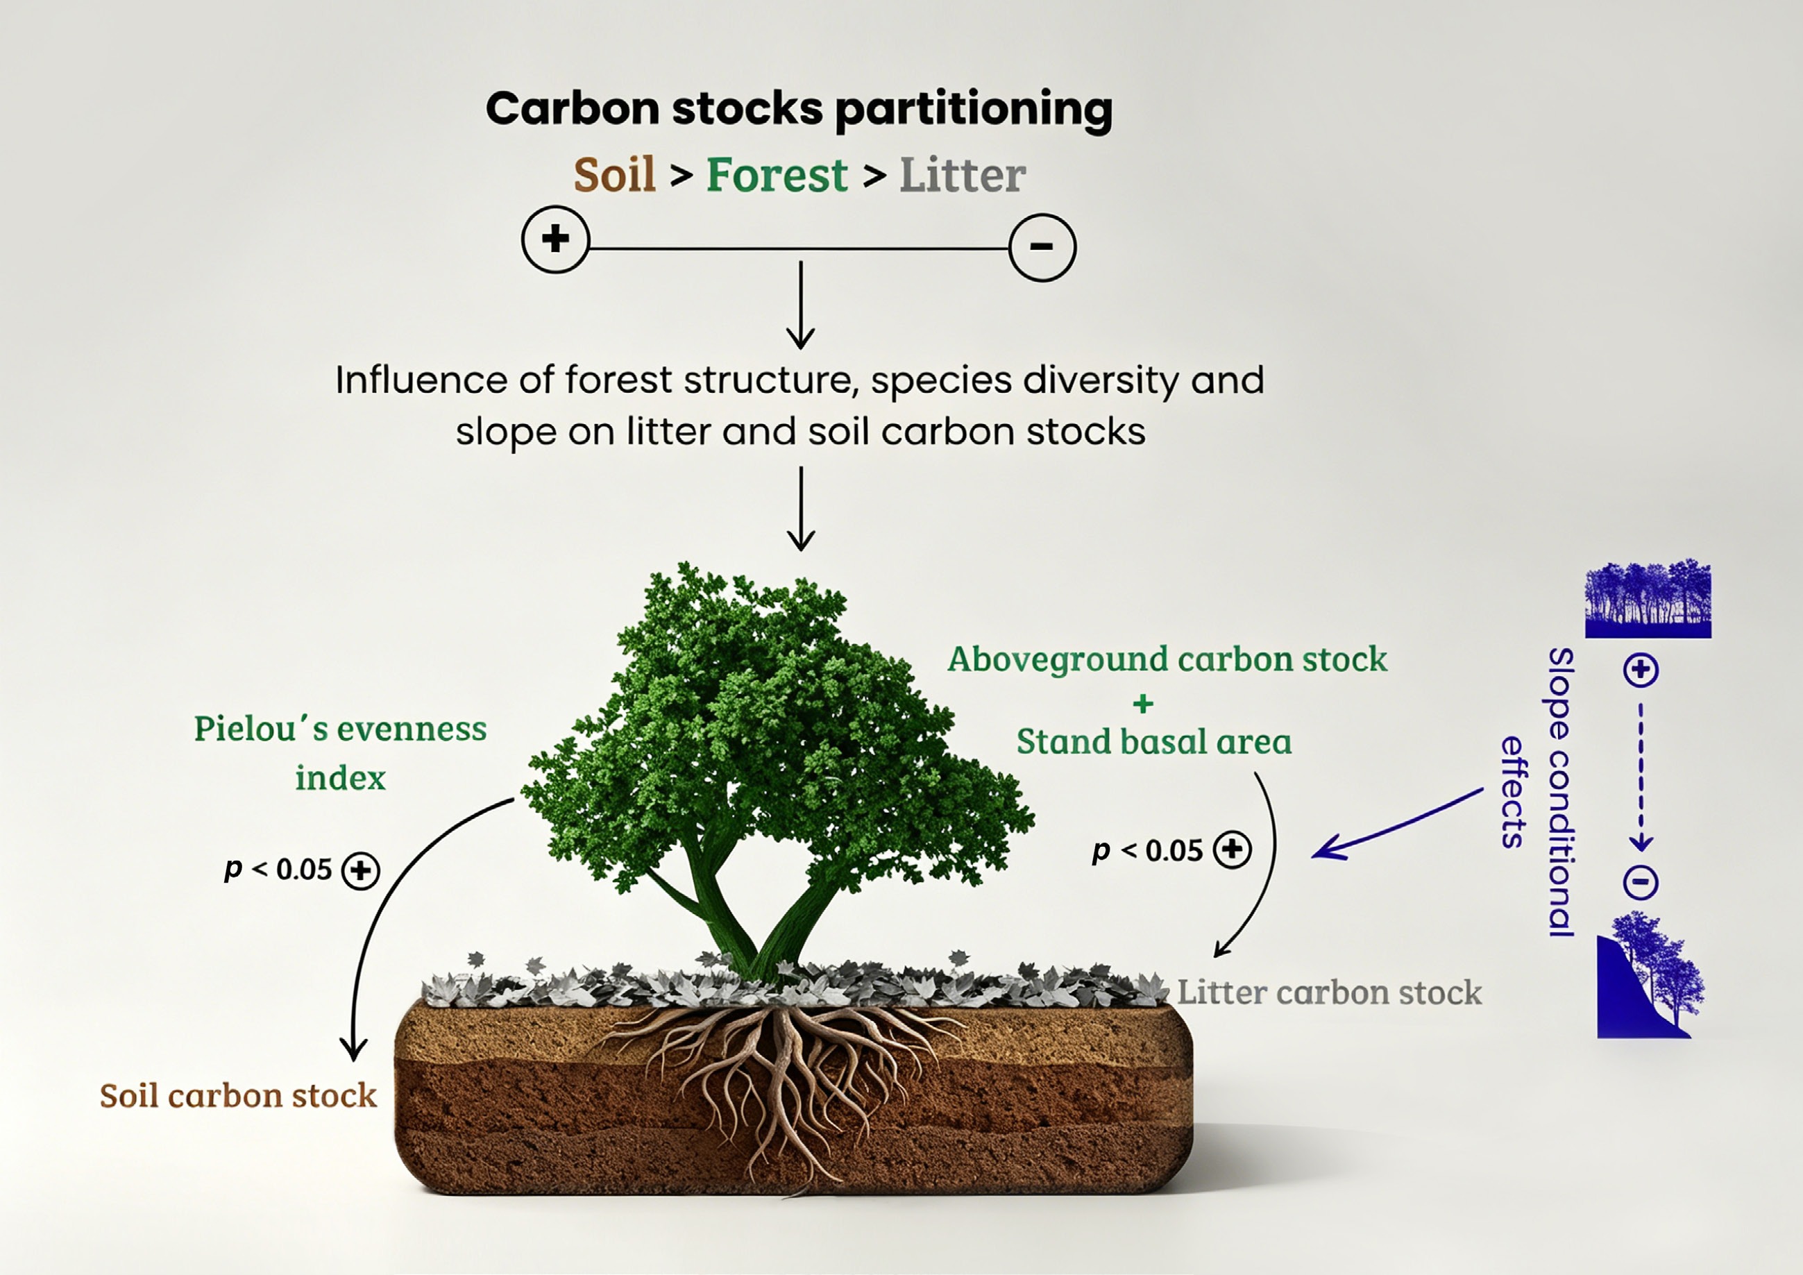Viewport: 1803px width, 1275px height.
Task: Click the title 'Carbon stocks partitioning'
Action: pyautogui.click(x=799, y=109)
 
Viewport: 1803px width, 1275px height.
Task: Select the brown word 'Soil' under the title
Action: pyautogui.click(x=614, y=174)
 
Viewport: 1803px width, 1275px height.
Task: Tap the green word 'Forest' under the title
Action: pyautogui.click(x=777, y=174)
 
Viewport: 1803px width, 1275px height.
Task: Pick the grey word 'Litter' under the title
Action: pyautogui.click(x=962, y=174)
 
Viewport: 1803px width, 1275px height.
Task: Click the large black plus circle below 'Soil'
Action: pyautogui.click(x=555, y=239)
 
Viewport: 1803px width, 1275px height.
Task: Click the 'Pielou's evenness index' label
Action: pyautogui.click(x=340, y=752)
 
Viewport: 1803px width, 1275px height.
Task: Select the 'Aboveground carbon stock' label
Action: pyautogui.click(x=1167, y=660)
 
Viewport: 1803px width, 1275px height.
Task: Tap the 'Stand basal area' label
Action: pyautogui.click(x=1153, y=741)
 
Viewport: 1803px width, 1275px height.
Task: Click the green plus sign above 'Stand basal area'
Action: pyautogui.click(x=1144, y=703)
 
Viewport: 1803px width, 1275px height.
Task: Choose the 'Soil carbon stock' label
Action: pyautogui.click(x=238, y=1095)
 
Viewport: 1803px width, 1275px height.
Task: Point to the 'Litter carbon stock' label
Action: pyautogui.click(x=1329, y=993)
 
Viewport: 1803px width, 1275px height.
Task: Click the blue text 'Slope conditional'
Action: pyautogui.click(x=1560, y=792)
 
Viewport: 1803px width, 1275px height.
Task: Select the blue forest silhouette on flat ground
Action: pyautogui.click(x=1648, y=598)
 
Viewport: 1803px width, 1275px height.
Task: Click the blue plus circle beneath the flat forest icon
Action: pyautogui.click(x=1641, y=670)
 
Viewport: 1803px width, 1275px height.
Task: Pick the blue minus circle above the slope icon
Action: pyautogui.click(x=1641, y=882)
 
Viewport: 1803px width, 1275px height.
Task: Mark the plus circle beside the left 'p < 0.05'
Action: pyautogui.click(x=360, y=870)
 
